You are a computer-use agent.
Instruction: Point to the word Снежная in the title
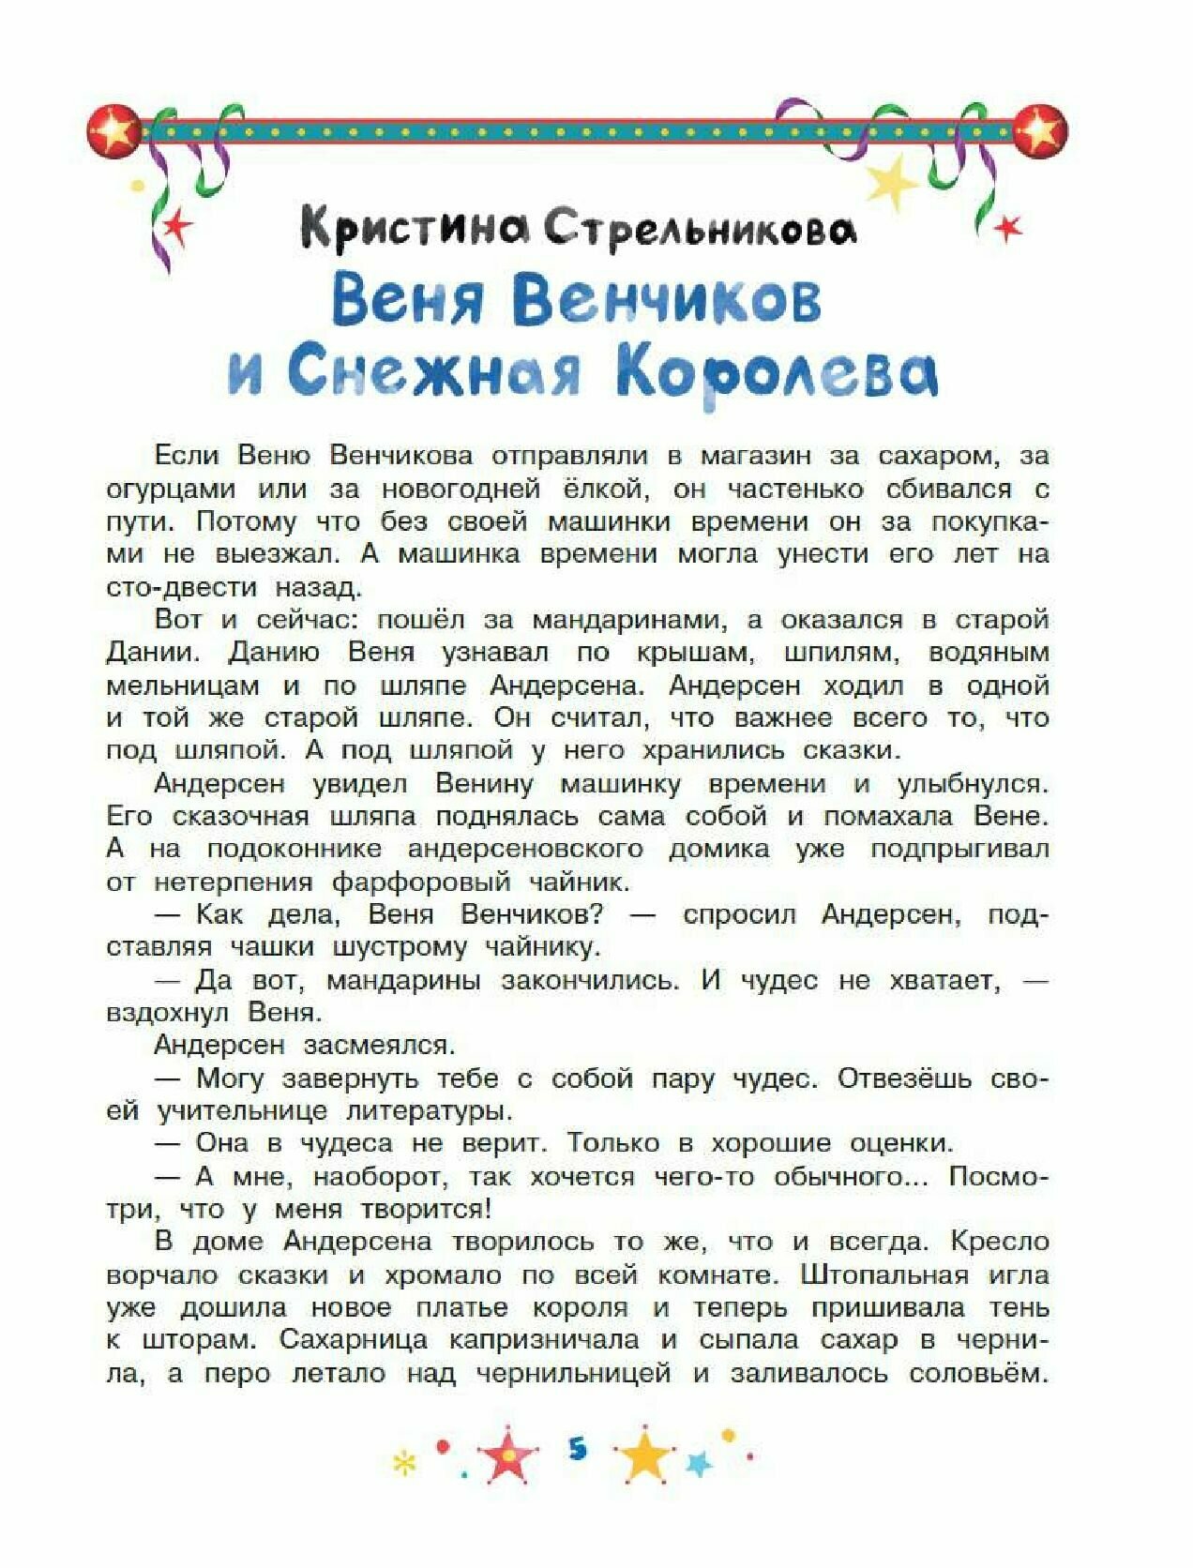(434, 372)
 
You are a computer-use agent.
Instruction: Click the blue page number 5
(577, 1449)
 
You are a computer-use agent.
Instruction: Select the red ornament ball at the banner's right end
(1040, 128)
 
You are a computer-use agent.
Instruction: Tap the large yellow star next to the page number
(645, 1456)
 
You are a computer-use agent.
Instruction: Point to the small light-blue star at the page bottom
(699, 1462)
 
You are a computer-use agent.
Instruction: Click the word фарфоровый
(421, 882)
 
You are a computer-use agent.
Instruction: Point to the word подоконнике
(294, 850)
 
